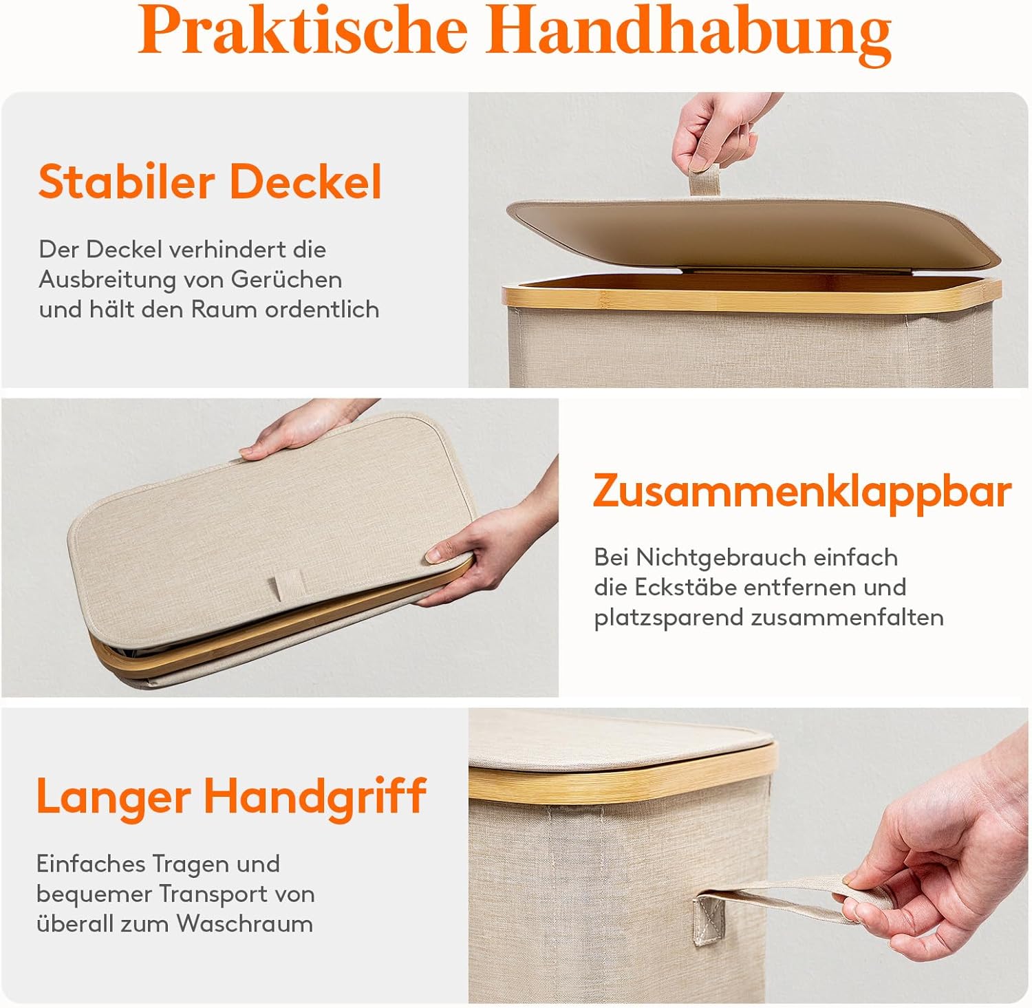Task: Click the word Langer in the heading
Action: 113,795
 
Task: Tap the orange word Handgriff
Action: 315,797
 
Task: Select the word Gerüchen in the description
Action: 286,279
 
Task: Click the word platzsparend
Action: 669,618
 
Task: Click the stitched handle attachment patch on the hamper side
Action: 709,920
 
